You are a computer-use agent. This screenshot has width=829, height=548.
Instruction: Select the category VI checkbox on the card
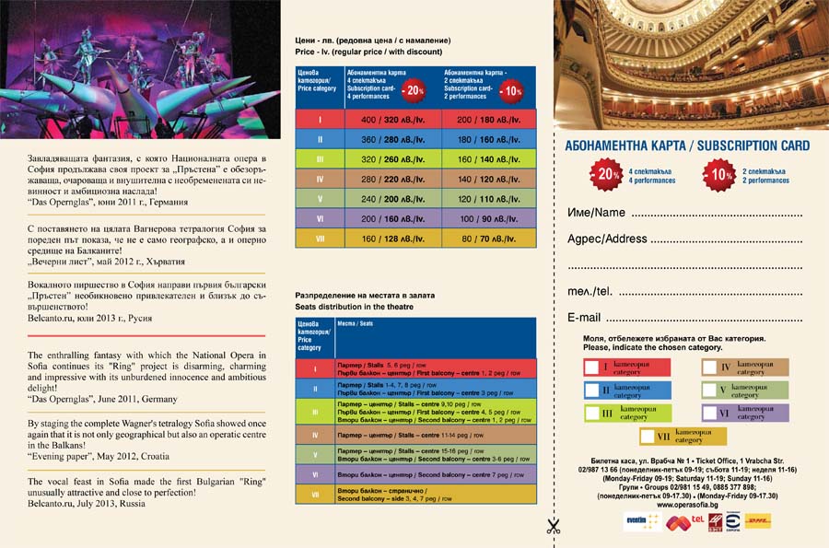pos(710,413)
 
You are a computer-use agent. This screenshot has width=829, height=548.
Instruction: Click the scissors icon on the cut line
pos(553,526)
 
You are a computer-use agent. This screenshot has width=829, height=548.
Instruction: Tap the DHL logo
pos(757,521)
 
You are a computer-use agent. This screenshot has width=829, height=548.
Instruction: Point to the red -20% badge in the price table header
pos(414,90)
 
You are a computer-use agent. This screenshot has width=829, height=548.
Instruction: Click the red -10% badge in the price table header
pos(510,90)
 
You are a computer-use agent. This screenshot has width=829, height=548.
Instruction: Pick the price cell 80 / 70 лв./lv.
pos(487,238)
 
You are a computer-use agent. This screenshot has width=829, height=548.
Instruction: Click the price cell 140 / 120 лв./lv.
pos(487,179)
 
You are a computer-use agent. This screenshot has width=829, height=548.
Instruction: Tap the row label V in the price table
pos(319,198)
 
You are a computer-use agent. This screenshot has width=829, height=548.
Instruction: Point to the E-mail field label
pos(584,318)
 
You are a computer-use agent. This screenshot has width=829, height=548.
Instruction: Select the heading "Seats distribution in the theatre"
pos(353,305)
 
